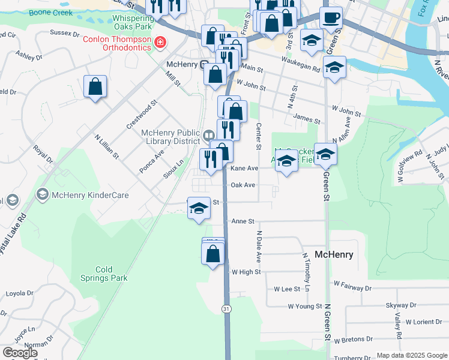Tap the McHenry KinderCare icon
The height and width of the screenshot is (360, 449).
click(x=43, y=194)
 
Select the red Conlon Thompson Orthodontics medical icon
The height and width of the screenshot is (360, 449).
click(x=160, y=42)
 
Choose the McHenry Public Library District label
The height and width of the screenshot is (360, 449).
click(x=170, y=137)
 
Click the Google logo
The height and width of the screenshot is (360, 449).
click(x=20, y=353)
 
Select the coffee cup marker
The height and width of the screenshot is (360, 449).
click(x=331, y=19)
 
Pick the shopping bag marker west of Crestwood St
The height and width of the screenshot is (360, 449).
click(x=95, y=87)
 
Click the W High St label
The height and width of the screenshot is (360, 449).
click(x=246, y=272)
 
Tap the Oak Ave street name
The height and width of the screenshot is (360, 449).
click(x=243, y=185)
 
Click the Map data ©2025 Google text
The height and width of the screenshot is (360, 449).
click(x=412, y=355)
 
